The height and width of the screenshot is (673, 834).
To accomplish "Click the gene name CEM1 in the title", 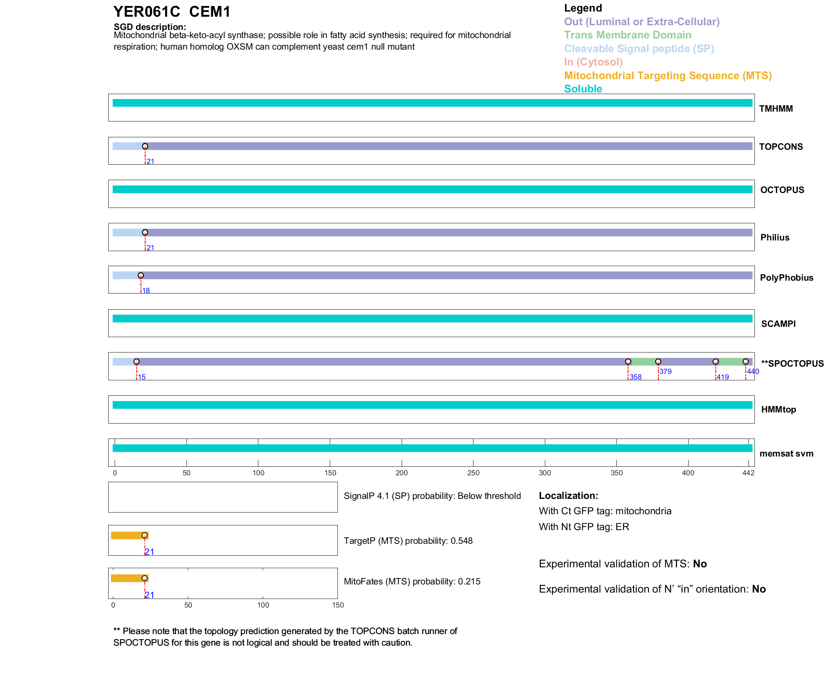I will pos(210,12).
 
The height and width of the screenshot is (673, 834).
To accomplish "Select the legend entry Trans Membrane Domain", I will pos(627,35).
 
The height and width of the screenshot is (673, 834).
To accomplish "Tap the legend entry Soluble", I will pos(583,89).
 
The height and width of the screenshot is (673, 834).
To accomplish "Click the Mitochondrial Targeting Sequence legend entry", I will pos(668,76).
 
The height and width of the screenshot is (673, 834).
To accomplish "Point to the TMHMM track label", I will pos(776,109).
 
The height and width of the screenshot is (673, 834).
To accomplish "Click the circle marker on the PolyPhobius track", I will pos(141,276).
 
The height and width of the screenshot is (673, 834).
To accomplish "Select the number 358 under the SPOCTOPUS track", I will pos(636,377).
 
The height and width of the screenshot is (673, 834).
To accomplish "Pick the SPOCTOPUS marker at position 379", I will pos(658,362).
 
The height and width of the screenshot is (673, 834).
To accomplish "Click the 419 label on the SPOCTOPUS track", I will pos(723,377).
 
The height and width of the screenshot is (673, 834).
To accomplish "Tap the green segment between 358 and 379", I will pos(643,362).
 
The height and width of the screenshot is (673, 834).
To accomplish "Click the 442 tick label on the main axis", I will pos(748,473).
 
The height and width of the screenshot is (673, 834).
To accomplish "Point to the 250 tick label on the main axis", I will pos(473,473).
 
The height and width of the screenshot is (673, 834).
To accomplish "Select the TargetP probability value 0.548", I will pos(461,541).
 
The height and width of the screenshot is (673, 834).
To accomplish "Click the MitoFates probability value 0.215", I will pos(469,581).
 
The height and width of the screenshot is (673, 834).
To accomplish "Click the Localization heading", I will pos(568,496).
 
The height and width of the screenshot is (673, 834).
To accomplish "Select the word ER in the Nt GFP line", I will pos(622,527).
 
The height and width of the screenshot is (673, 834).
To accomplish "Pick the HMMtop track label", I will pos(778,410).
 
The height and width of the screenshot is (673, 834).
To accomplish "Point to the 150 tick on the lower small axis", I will pos(338,605).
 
